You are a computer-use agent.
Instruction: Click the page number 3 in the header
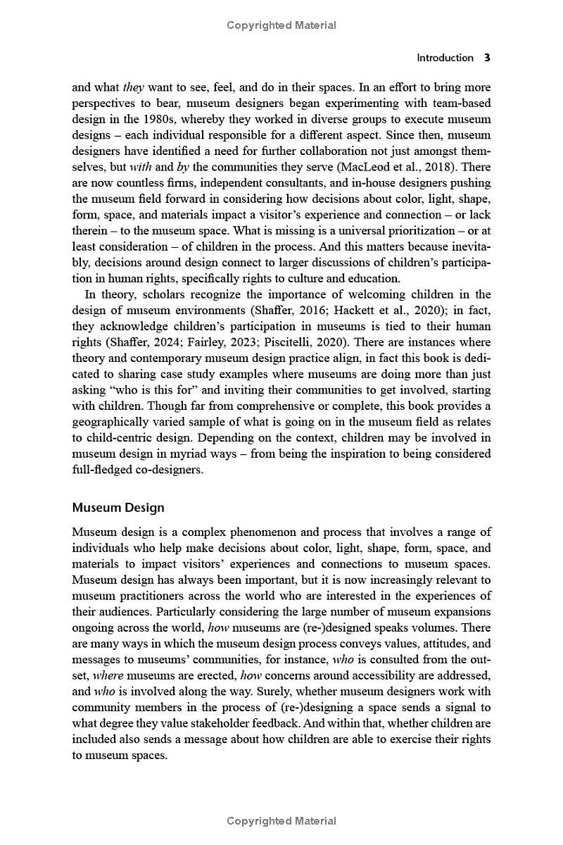tap(487, 58)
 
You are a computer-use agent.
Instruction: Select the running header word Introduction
tap(445, 58)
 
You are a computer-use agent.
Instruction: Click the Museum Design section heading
tap(118, 507)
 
